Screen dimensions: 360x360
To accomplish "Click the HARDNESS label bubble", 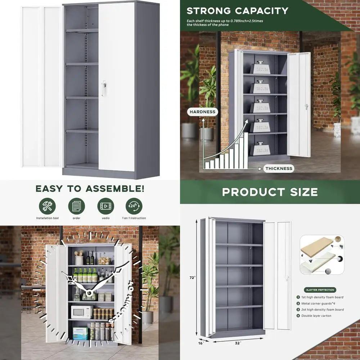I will point(202,112).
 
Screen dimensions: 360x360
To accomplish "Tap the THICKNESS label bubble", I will point(279,168).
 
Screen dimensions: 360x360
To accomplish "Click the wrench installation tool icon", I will point(47,206).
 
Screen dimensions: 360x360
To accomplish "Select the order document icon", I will point(76,206).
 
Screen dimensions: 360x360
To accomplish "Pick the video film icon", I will point(105,206).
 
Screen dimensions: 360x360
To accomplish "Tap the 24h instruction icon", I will point(134,206).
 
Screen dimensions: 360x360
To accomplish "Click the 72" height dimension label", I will point(192,278).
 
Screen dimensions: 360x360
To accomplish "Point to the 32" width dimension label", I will point(238,343).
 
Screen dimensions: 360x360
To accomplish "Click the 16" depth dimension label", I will point(201,343).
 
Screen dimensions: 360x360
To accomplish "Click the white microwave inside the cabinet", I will point(82,312).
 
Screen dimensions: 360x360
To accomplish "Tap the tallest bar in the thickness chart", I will point(246,150).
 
